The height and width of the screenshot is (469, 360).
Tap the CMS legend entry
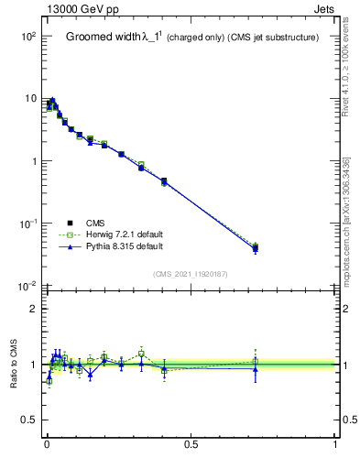click(x=96, y=222)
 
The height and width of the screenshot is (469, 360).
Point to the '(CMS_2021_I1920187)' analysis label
click(x=191, y=273)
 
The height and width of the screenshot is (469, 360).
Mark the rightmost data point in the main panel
click(x=255, y=248)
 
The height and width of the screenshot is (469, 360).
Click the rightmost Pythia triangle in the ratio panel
click(x=255, y=368)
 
